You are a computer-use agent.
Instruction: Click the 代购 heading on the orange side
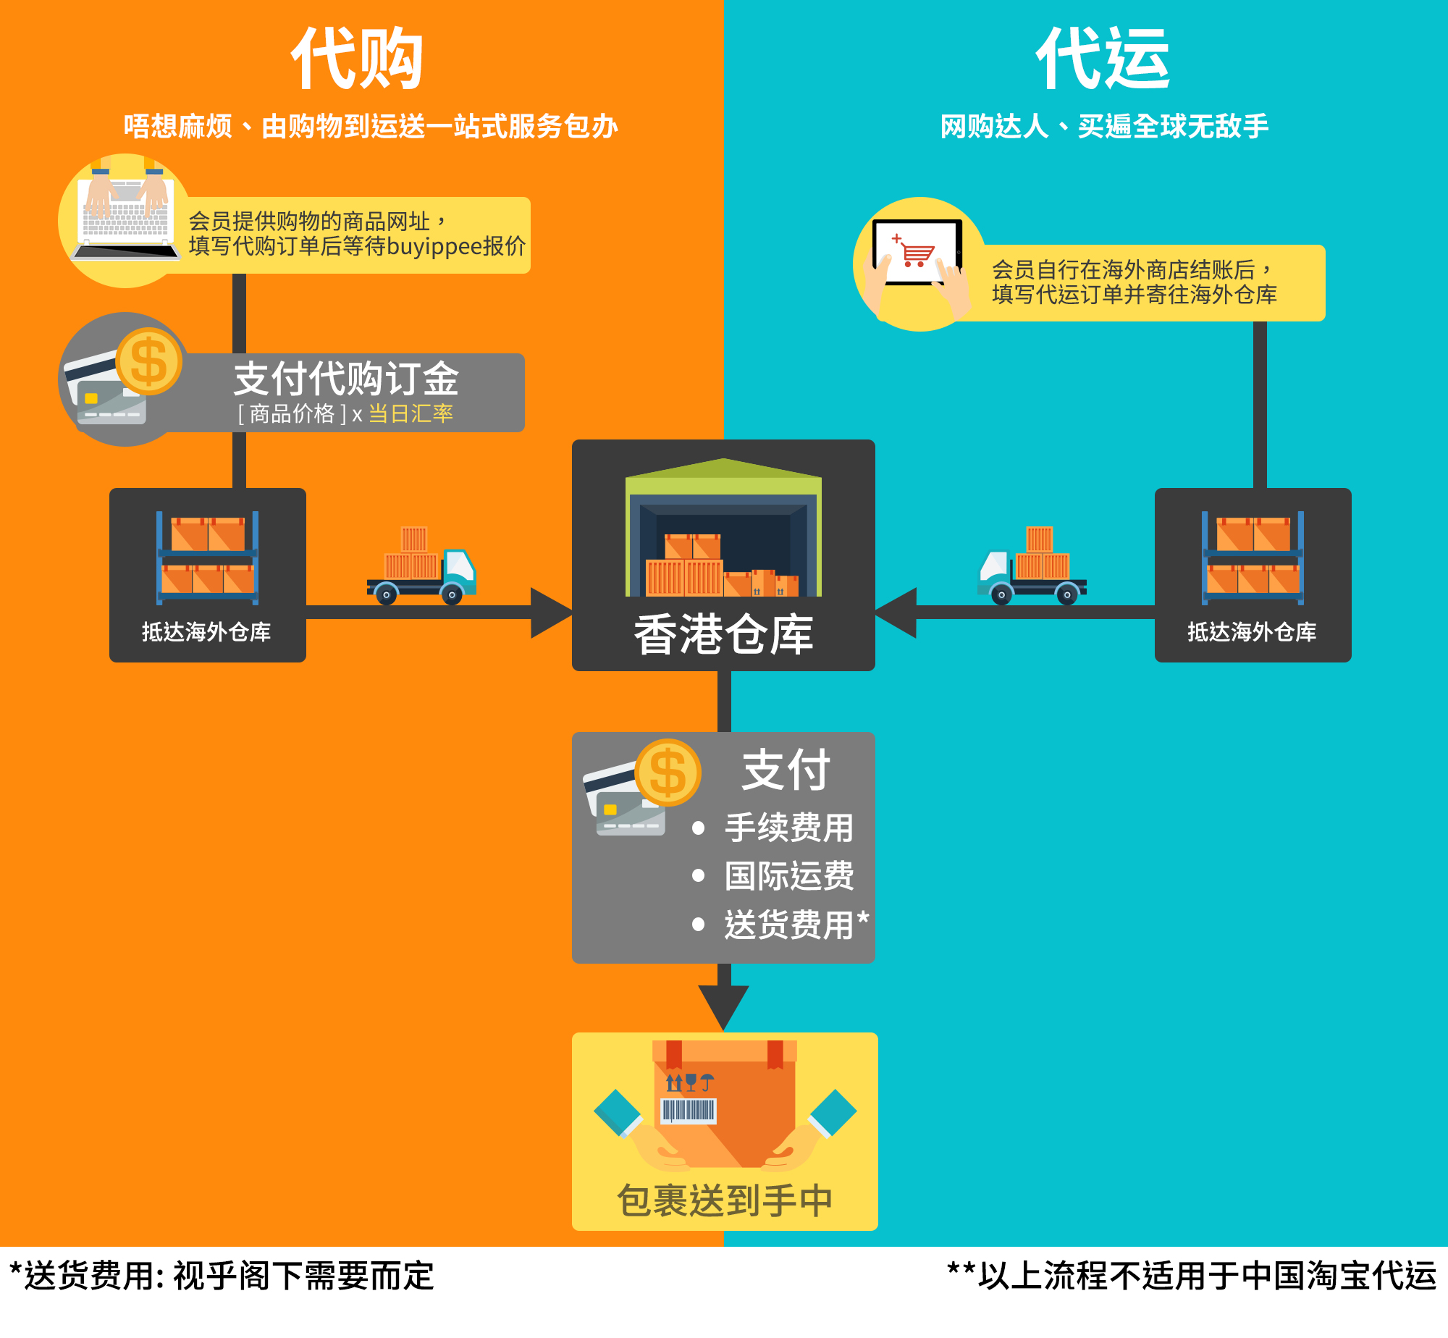357,59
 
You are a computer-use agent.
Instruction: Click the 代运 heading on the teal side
1103,59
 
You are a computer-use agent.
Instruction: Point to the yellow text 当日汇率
411,413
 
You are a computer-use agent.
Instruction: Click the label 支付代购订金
346,378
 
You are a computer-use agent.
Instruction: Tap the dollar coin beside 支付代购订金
148,361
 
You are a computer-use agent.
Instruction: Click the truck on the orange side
421,565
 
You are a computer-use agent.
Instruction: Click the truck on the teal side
1032,565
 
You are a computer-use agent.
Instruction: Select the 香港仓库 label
723,634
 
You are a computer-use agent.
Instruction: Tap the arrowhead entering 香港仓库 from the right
896,613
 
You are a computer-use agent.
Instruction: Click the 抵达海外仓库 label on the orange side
206,631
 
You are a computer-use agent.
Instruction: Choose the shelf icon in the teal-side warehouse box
1253,557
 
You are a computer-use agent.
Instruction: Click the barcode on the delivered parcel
689,1110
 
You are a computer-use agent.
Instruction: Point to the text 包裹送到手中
725,1200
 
